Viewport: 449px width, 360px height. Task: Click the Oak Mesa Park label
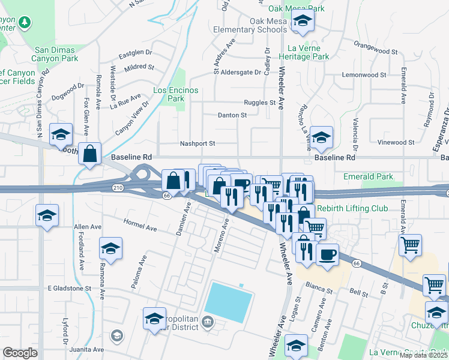pyautogui.click(x=297, y=8)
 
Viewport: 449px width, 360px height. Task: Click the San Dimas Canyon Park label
pyautogui.click(x=65, y=55)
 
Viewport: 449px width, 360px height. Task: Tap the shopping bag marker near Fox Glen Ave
pyautogui.click(x=89, y=154)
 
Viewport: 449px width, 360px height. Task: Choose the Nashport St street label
pyautogui.click(x=197, y=143)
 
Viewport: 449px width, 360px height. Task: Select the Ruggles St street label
pyautogui.click(x=259, y=103)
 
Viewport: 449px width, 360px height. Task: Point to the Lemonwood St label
pyautogui.click(x=364, y=75)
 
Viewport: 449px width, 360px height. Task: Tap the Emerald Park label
pyautogui.click(x=368, y=176)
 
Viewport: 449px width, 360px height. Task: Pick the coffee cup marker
pyautogui.click(x=328, y=254)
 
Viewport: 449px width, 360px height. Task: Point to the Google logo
pyautogui.click(x=20, y=353)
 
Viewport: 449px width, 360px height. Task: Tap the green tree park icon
pyautogui.click(x=25, y=23)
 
